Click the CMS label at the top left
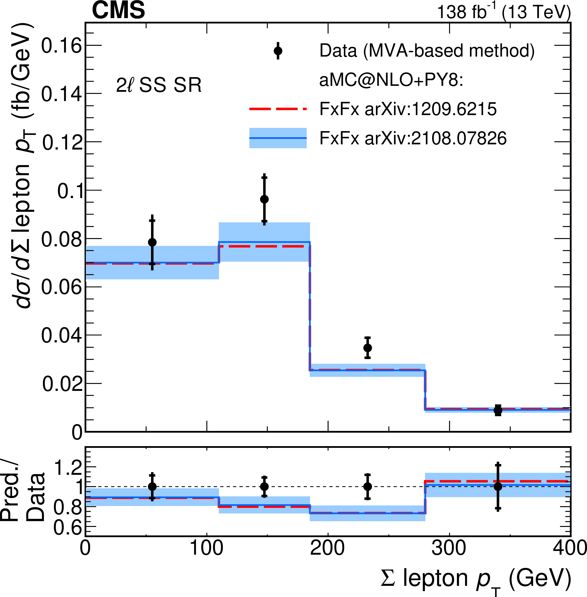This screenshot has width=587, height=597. coord(118,10)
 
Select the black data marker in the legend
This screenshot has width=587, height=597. coord(278,51)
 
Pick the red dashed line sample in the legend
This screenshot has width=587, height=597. coord(278,109)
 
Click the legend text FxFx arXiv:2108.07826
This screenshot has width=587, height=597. coord(413,138)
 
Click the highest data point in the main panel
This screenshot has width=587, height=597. coord(264,199)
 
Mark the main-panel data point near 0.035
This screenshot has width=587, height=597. coord(368,348)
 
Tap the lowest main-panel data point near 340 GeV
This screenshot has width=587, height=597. coord(498,410)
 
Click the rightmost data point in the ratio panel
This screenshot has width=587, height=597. coord(498,487)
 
